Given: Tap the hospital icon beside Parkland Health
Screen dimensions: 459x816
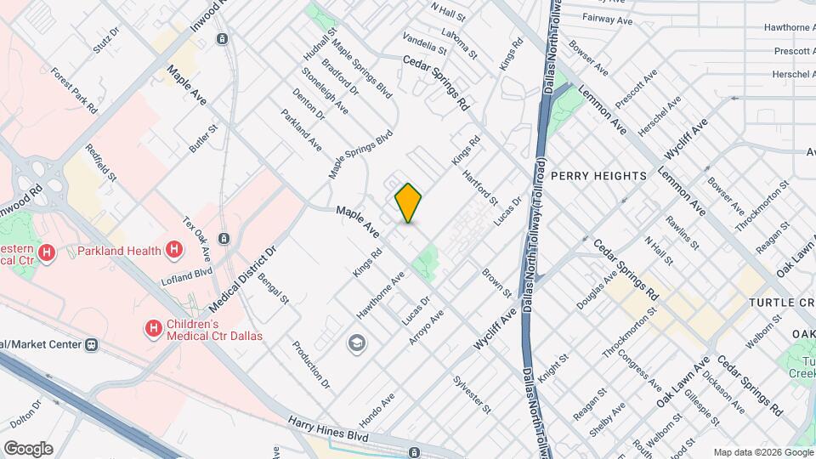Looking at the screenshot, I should pyautogui.click(x=174, y=250).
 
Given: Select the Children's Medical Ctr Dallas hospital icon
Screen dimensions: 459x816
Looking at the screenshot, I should pyautogui.click(x=154, y=327).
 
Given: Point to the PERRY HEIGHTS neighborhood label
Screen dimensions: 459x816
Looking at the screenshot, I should pyautogui.click(x=598, y=176).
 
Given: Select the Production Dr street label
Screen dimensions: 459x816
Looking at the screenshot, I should pyautogui.click(x=309, y=364).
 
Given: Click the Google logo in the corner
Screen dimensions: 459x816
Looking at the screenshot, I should pyautogui.click(x=28, y=448).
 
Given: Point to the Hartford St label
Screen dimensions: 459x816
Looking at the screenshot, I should pyautogui.click(x=480, y=188).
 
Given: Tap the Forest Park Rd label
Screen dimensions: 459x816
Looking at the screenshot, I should pyautogui.click(x=73, y=91).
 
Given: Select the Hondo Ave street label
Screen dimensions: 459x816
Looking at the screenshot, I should pyautogui.click(x=377, y=411).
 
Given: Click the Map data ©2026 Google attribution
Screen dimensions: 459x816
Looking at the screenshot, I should pyautogui.click(x=762, y=452).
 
